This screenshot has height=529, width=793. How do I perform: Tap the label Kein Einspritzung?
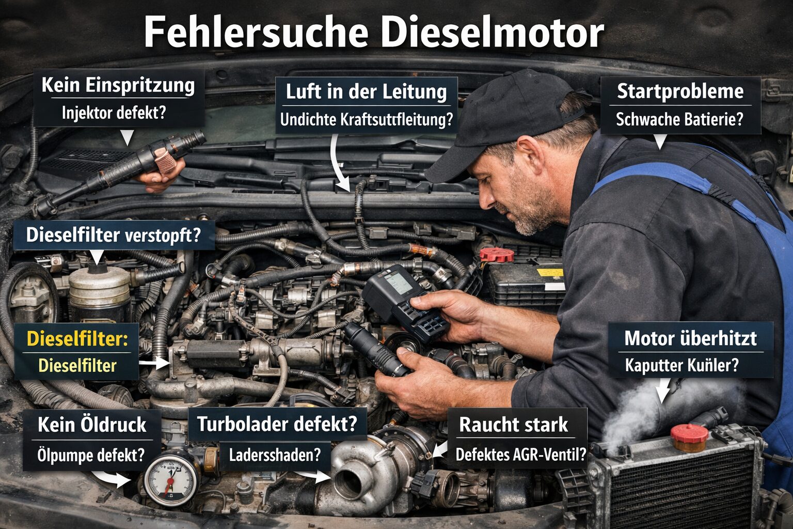click(x=118, y=85)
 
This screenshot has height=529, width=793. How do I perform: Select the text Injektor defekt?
click(x=114, y=113)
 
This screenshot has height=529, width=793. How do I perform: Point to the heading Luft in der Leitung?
click(x=366, y=92)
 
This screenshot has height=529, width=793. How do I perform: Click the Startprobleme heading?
click(x=680, y=91)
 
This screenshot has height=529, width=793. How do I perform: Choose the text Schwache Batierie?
click(x=679, y=119)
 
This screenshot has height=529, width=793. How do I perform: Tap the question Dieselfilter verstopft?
click(x=113, y=235)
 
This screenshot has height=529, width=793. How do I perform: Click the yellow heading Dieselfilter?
click(x=77, y=339)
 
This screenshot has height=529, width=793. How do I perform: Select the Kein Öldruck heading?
click(x=92, y=425)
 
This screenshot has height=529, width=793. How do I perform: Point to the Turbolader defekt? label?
click(x=277, y=424)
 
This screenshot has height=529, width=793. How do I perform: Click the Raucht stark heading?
click(x=513, y=425)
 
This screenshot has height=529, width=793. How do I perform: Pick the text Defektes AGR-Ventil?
click(x=520, y=455)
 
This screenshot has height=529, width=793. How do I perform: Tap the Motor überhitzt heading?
click(x=690, y=338)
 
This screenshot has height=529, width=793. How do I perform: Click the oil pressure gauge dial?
click(x=170, y=479)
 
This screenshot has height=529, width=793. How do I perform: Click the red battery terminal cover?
click(x=497, y=255)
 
